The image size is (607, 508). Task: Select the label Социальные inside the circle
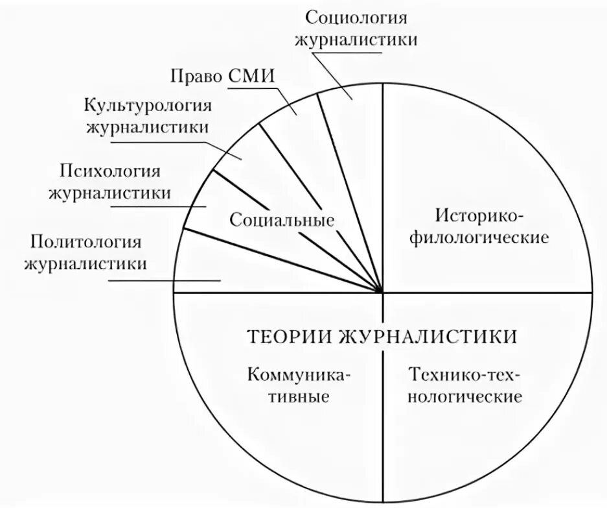tap(281, 220)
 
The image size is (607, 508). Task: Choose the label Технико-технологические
tap(464, 385)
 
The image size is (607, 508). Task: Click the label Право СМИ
tap(223, 75)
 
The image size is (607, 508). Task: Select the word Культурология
tap(149, 105)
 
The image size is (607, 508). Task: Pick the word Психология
tap(110, 172)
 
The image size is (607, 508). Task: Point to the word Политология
tap(85, 243)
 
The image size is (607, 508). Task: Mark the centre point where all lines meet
tap(383, 293)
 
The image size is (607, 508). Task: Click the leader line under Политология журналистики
tap(165, 281)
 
